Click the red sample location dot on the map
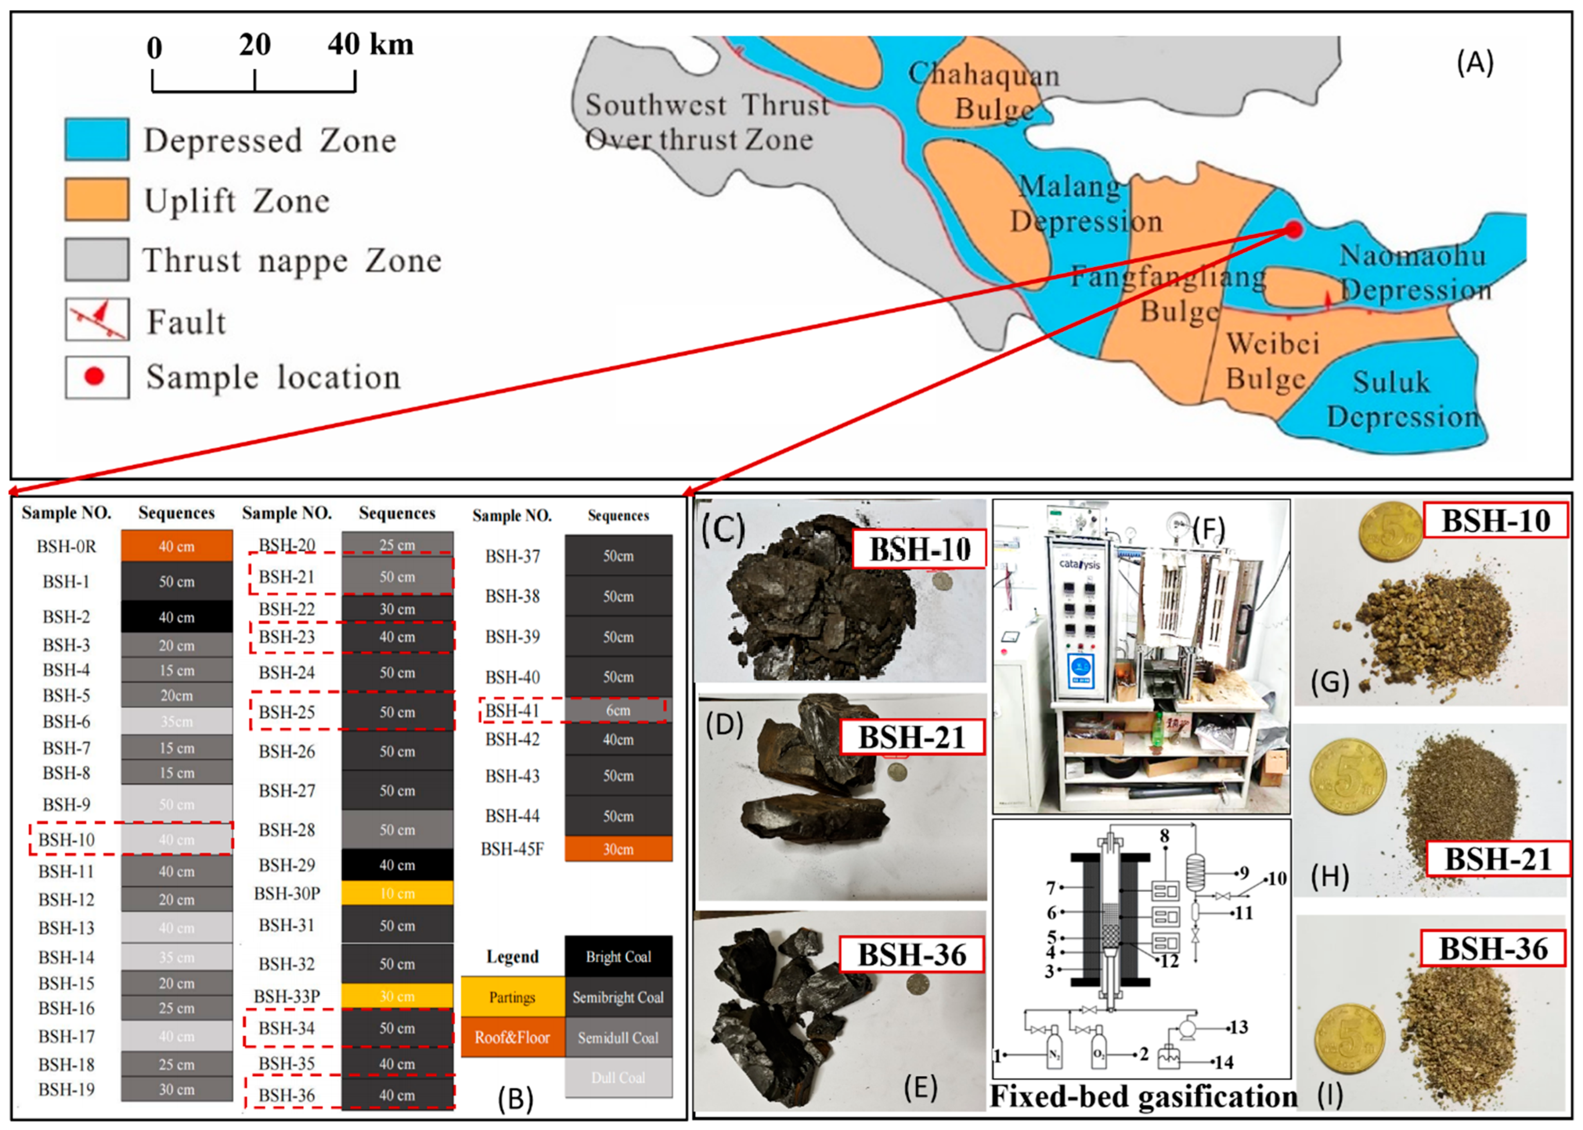point(1293,230)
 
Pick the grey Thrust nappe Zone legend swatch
point(97,259)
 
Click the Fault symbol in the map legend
point(97,319)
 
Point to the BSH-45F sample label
point(512,849)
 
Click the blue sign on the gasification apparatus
point(1080,670)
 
